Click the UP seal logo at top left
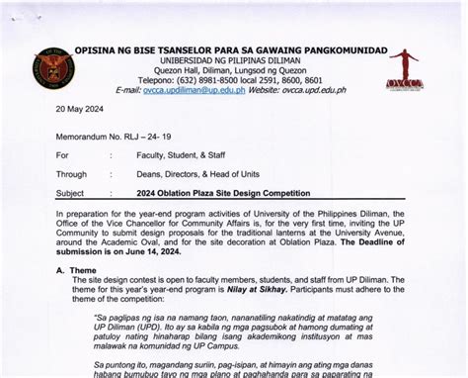[53, 68]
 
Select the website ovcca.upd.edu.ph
[312, 90]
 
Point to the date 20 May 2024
[82, 111]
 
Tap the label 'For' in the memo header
[63, 155]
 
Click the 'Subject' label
[71, 193]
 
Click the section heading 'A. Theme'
[75, 269]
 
